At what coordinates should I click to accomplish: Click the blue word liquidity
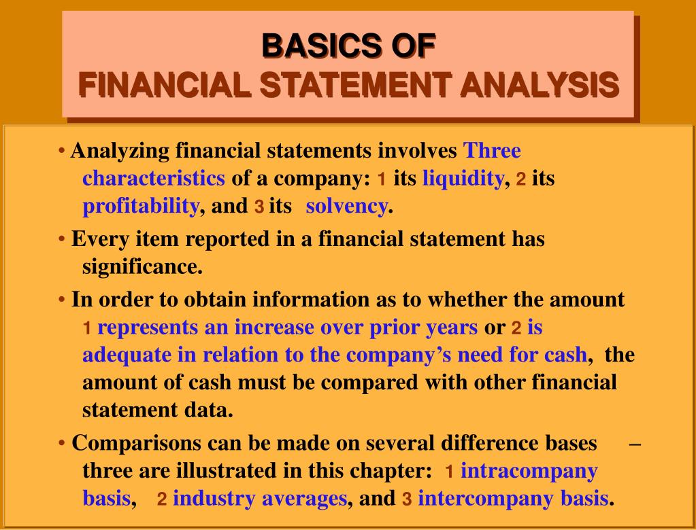463,179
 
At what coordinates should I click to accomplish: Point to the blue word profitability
141,205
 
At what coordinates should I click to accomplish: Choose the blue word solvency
346,205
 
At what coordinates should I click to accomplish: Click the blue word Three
492,150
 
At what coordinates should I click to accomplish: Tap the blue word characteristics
154,179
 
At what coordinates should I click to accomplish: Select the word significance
143,266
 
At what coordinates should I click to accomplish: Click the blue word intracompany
529,470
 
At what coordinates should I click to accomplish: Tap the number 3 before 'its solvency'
259,206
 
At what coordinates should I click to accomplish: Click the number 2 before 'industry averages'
162,499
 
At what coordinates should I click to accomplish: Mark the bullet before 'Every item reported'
63,240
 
